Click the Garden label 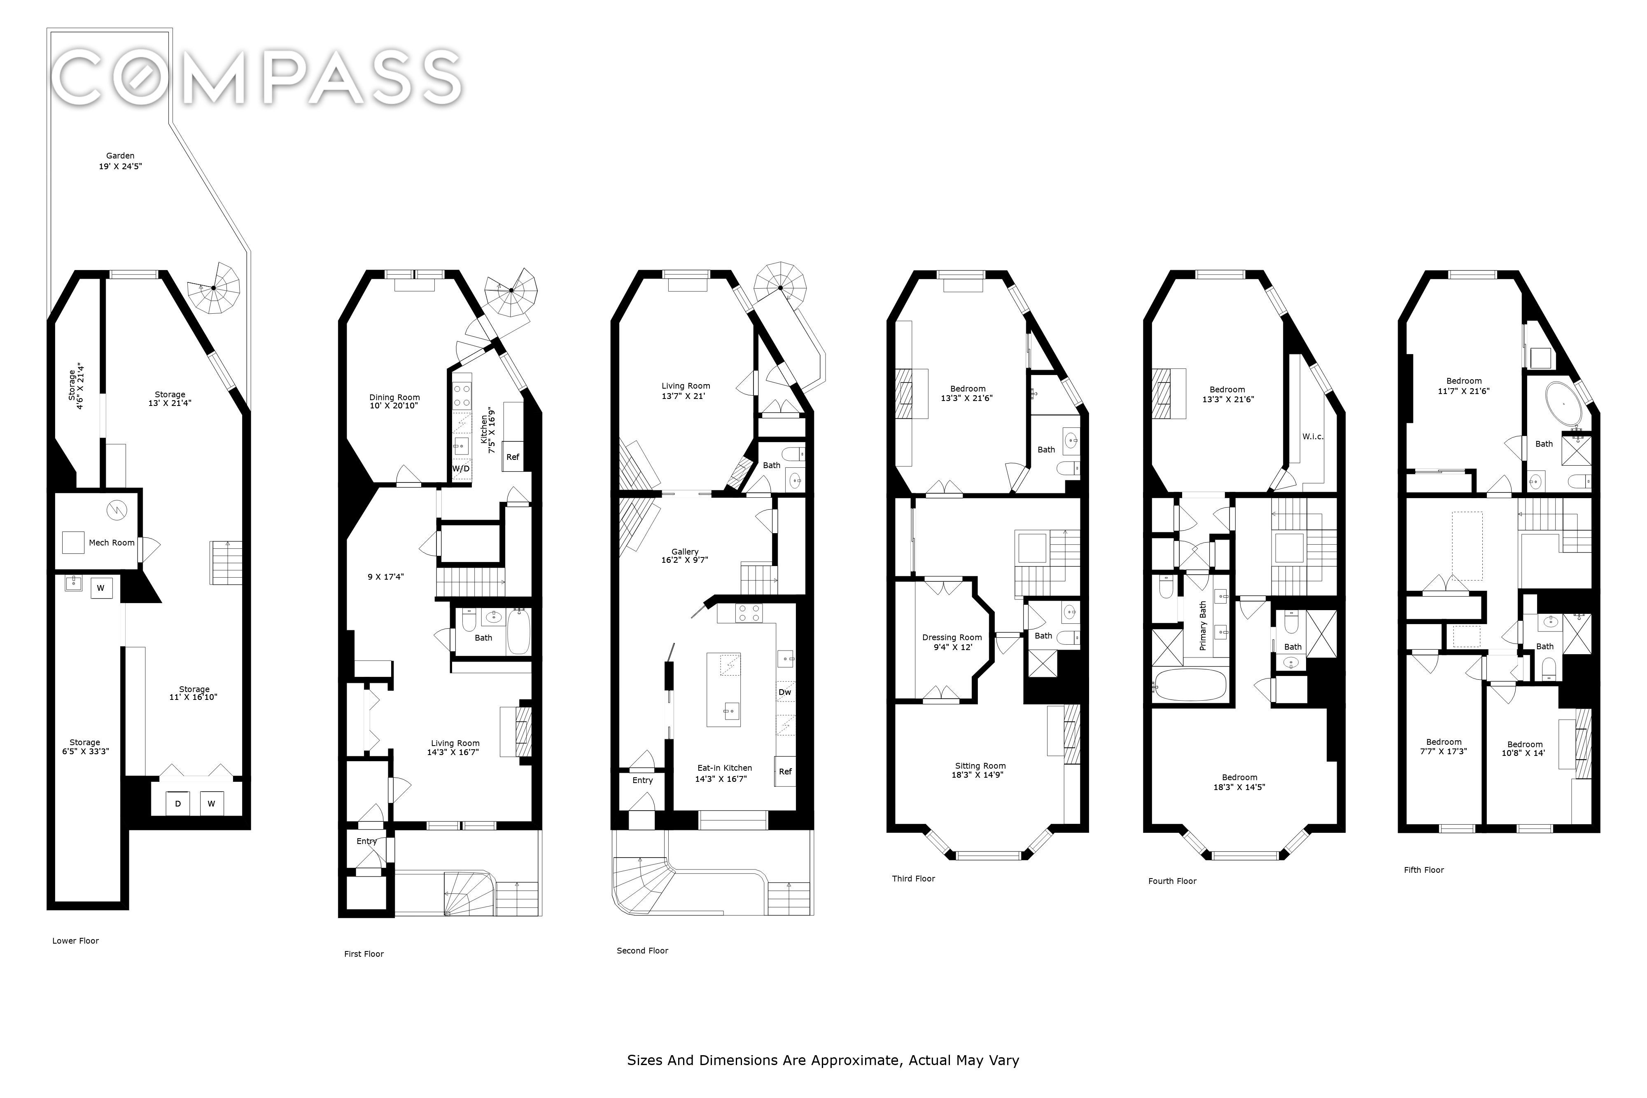[121, 156]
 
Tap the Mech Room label [111, 543]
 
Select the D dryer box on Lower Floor [178, 803]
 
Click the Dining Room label [395, 397]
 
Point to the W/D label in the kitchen [461, 469]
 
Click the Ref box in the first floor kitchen [513, 457]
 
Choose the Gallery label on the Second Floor [685, 552]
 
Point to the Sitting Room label [980, 766]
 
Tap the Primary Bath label [1203, 625]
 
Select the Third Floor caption [913, 878]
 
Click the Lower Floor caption [76, 940]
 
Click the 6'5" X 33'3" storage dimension [85, 751]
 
